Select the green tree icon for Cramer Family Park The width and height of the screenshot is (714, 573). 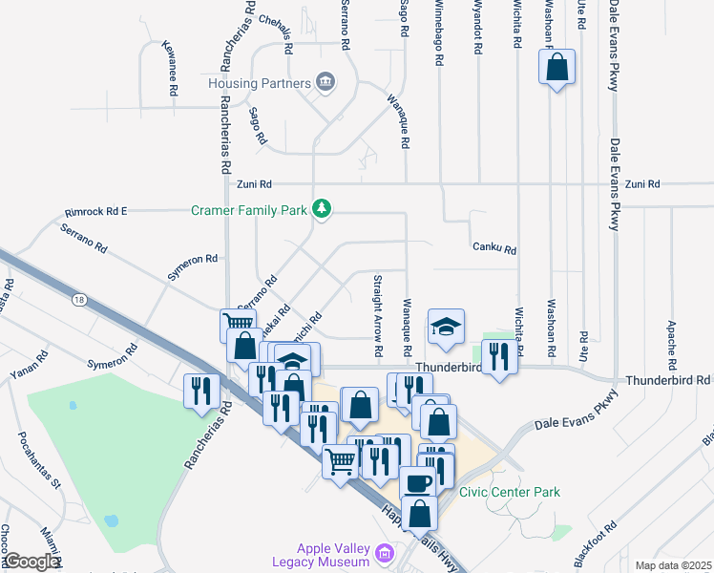pos(323,208)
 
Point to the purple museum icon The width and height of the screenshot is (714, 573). pos(384,552)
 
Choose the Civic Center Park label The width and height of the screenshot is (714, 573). pos(510,492)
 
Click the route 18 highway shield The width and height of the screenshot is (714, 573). pos(78,300)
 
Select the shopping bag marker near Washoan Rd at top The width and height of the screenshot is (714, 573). pos(556,68)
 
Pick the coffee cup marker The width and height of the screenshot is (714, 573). pos(416,482)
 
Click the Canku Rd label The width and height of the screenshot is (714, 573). pos(494,248)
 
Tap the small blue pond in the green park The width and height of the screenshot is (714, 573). pos(112,521)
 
